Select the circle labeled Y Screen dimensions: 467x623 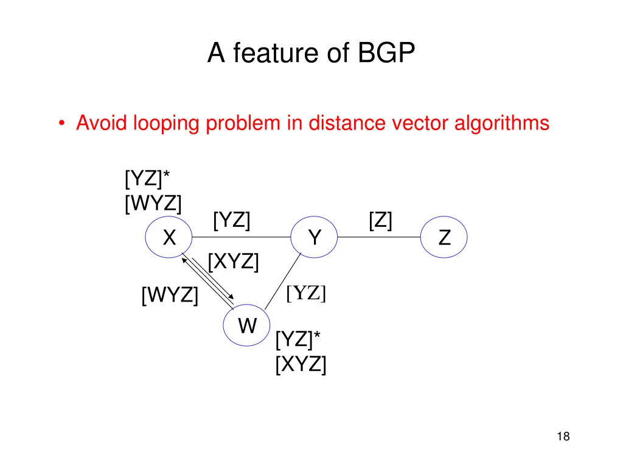coord(314,238)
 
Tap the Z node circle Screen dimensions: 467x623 coord(445,238)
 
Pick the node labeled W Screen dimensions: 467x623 coord(247,327)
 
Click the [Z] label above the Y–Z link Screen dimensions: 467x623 coord(380,220)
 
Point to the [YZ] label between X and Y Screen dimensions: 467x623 coord(232,220)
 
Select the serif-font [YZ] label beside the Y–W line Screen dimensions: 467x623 coord(307,293)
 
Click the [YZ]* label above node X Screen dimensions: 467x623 coord(147,180)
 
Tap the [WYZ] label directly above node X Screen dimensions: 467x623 coord(153,202)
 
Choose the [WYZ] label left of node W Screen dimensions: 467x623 coord(170,296)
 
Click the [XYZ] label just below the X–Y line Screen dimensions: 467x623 coord(233,263)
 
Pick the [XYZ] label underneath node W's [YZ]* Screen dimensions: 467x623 coord(301,364)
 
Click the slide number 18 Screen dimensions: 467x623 coord(563,437)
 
